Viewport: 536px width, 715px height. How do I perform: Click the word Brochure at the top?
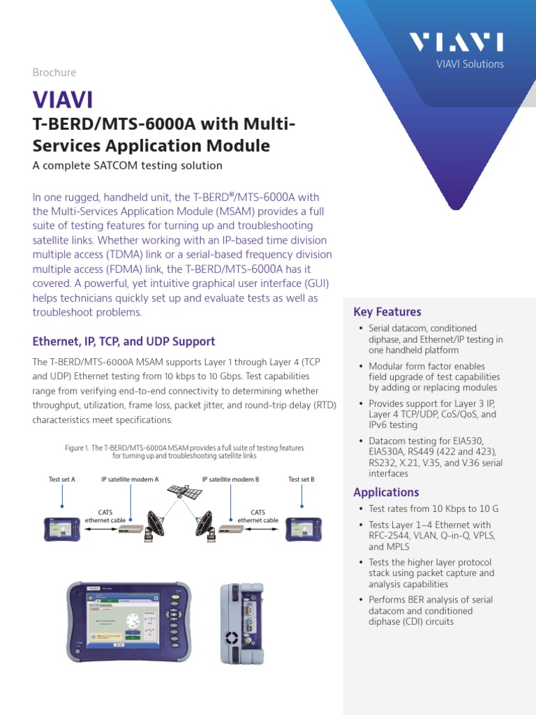pyautogui.click(x=54, y=73)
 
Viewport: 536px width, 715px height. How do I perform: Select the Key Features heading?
pyautogui.click(x=387, y=312)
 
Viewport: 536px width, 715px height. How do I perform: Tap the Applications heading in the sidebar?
pyautogui.click(x=386, y=492)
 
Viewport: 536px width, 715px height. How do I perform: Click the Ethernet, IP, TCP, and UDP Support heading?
pyautogui.click(x=124, y=342)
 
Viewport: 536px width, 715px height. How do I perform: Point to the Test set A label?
pyautogui.click(x=61, y=480)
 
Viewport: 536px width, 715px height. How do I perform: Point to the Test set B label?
pyautogui.click(x=301, y=480)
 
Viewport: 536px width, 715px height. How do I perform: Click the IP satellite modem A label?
pyautogui.click(x=130, y=480)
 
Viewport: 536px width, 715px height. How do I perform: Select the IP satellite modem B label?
pyautogui.click(x=230, y=480)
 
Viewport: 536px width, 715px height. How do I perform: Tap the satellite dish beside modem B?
pyautogui.click(x=207, y=526)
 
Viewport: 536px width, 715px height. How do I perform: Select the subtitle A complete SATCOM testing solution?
pyautogui.click(x=128, y=165)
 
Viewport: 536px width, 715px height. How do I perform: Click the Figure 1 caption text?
pyautogui.click(x=184, y=452)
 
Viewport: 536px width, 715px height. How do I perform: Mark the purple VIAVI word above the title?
pyautogui.click(x=63, y=101)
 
